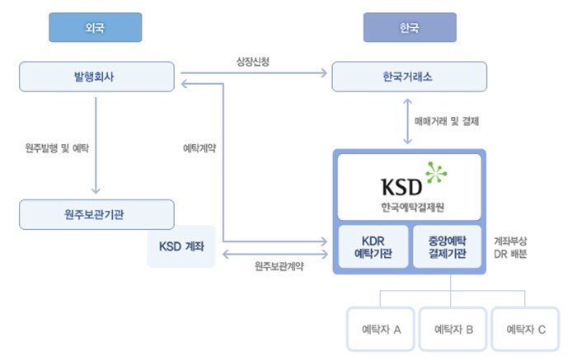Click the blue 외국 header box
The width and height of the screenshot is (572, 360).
tap(95, 27)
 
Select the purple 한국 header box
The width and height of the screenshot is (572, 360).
tap(410, 27)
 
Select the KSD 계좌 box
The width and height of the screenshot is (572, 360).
tap(181, 245)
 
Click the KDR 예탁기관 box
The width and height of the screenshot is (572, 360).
tap(372, 246)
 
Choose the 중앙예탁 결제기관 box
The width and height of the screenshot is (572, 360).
tap(446, 246)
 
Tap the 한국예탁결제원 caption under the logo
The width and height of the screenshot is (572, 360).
tap(409, 206)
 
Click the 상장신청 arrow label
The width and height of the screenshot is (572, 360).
tap(255, 62)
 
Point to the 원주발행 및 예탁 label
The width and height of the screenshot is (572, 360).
tap(58, 148)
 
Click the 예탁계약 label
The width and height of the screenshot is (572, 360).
tap(199, 148)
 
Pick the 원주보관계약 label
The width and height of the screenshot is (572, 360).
tap(279, 265)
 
